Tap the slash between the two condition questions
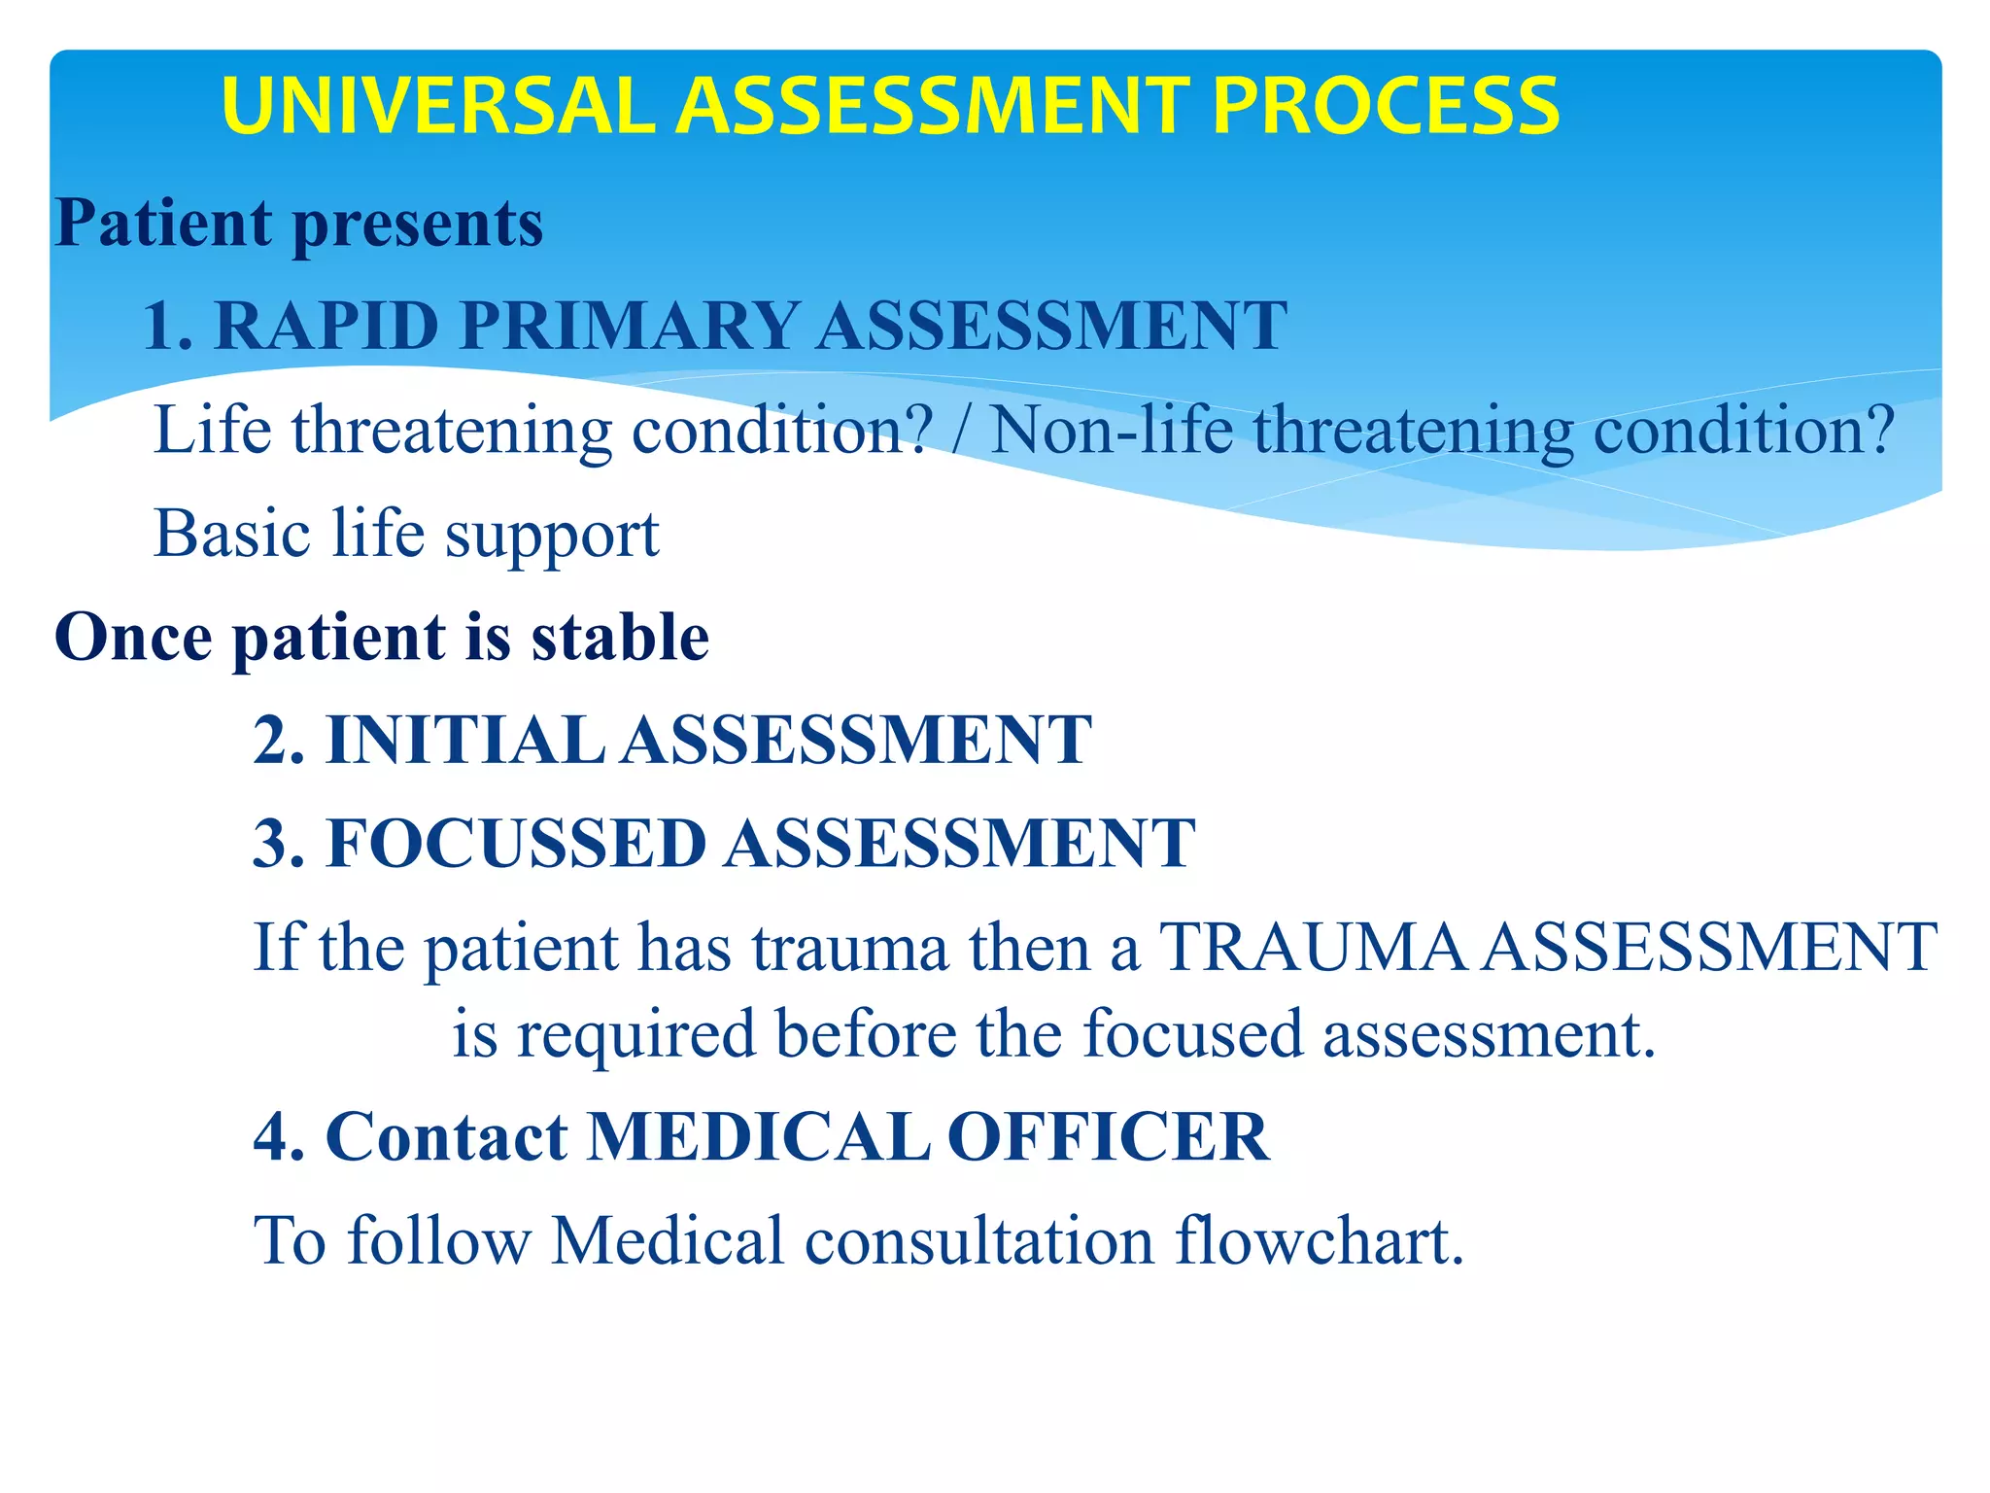click(960, 430)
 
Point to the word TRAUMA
click(1313, 947)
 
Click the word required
click(635, 1034)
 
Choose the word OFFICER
click(1108, 1136)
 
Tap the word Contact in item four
click(446, 1136)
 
